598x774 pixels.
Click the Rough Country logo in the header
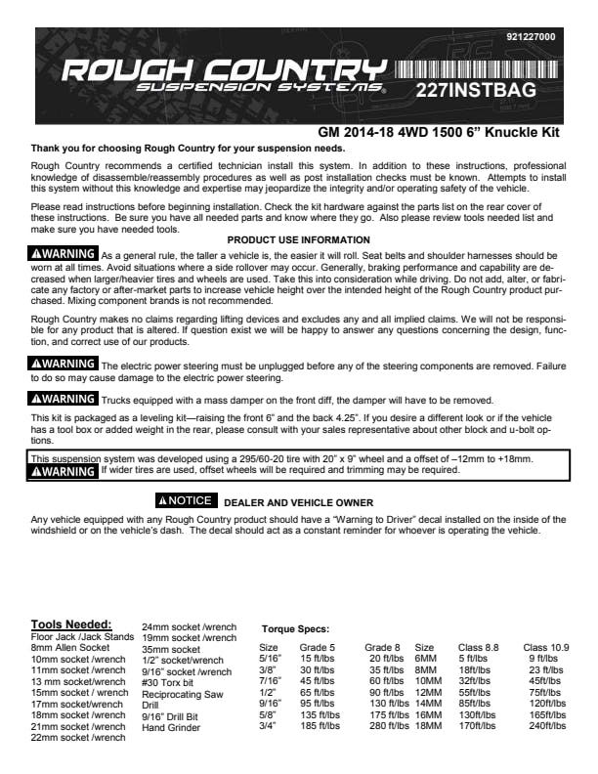223,75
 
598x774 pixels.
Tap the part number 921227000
531,37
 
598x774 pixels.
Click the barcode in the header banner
477,70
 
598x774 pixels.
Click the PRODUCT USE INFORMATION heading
298,240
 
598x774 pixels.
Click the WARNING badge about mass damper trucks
64,398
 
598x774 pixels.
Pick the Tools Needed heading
71,624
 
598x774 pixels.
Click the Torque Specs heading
295,629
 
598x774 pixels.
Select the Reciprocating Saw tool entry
182,693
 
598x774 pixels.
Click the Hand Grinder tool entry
171,727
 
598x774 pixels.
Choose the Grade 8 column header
383,647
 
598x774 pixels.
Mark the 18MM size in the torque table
428,726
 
